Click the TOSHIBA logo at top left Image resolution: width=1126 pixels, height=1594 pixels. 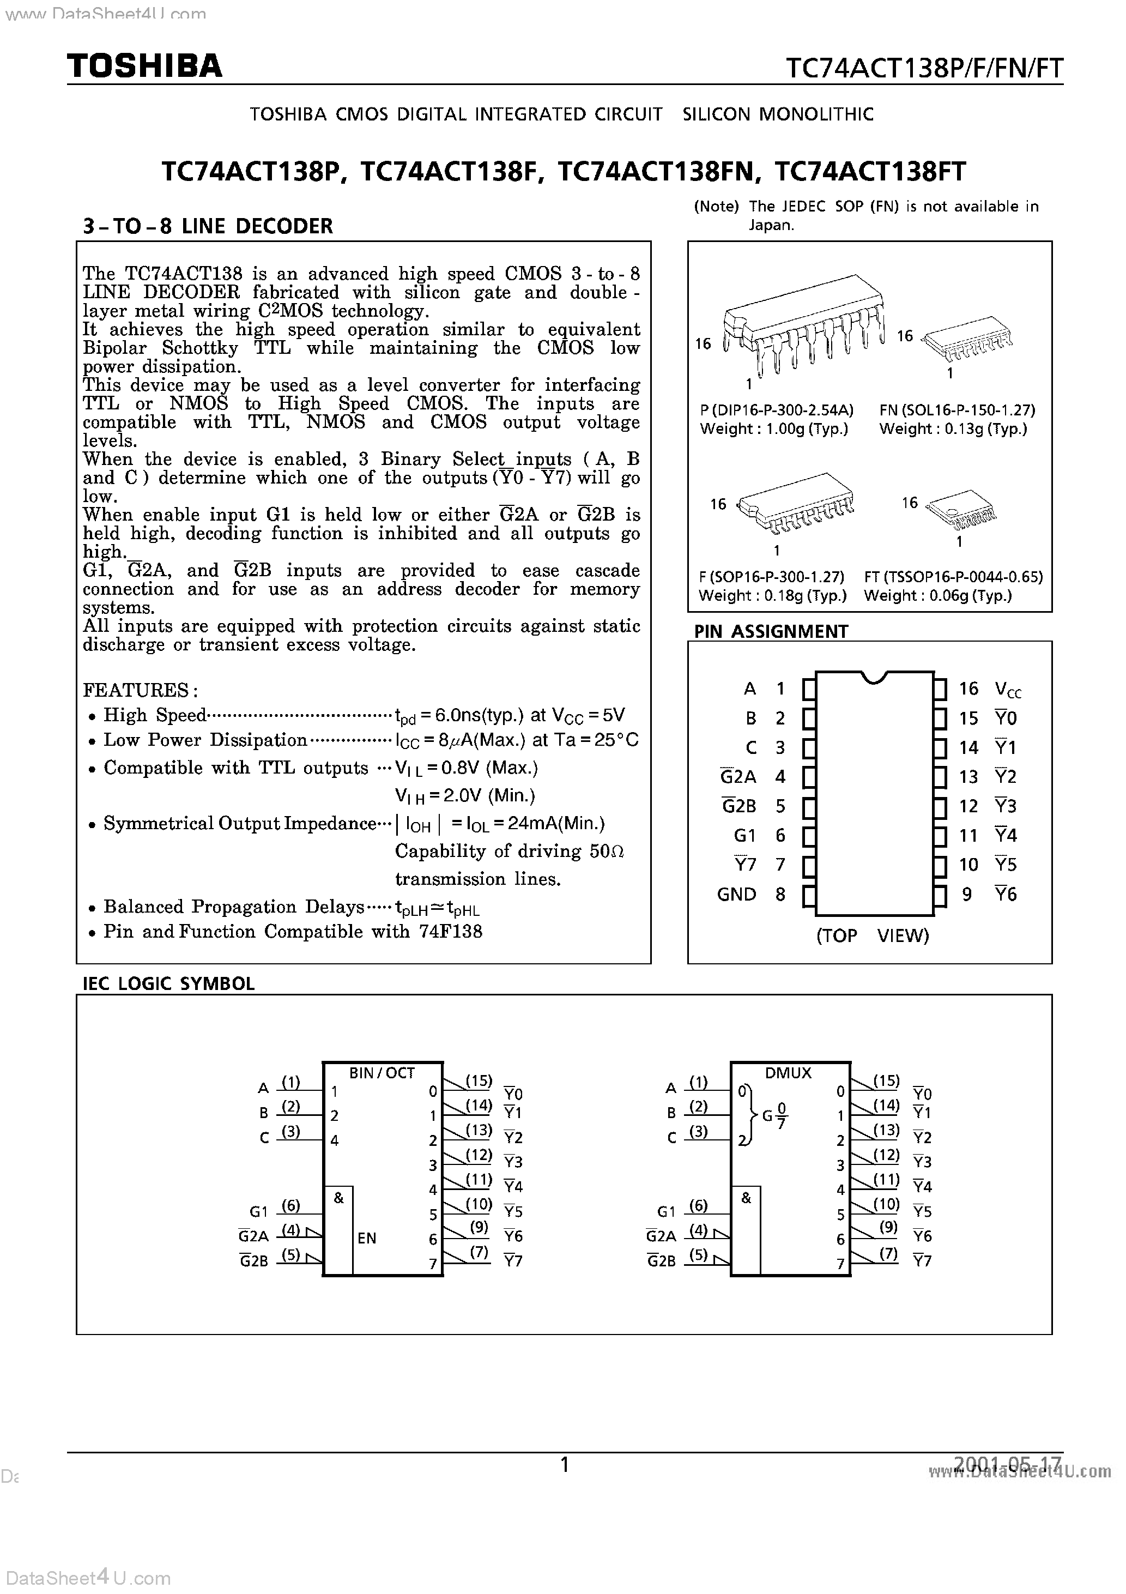pyautogui.click(x=144, y=66)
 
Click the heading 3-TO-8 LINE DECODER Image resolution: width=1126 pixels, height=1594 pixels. pyautogui.click(x=208, y=226)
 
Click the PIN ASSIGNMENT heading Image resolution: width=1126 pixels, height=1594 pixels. pyautogui.click(x=771, y=631)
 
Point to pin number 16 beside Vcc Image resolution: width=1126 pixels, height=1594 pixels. pyautogui.click(x=968, y=689)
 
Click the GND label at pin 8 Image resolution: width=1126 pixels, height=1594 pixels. pyautogui.click(x=736, y=894)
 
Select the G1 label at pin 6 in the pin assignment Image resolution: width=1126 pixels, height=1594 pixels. pyautogui.click(x=744, y=835)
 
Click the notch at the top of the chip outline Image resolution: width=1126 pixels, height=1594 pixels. pyautogui.click(x=873, y=677)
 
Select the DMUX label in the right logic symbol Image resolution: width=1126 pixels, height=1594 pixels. pyautogui.click(x=788, y=1073)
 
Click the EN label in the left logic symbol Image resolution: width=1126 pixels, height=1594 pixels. pyautogui.click(x=367, y=1238)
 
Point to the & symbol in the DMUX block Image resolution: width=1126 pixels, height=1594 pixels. pyautogui.click(x=746, y=1198)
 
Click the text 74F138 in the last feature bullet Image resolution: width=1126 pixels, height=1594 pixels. pyautogui.click(x=450, y=932)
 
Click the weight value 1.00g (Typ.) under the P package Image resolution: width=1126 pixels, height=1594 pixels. pyautogui.click(x=807, y=429)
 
